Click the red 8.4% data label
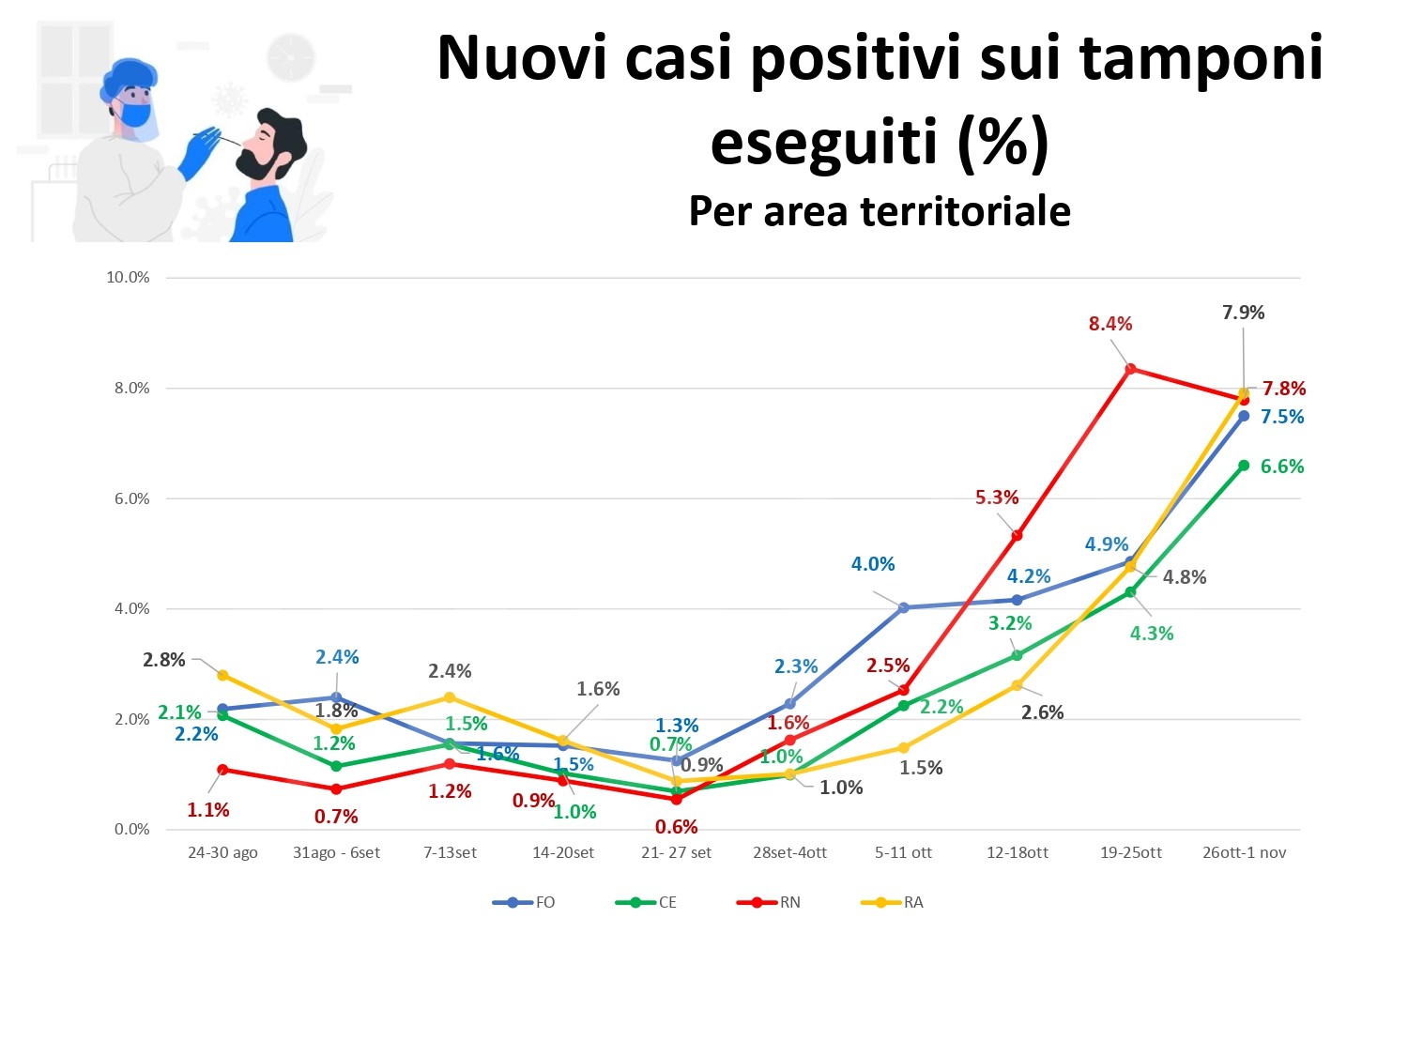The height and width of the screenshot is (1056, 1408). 1110,324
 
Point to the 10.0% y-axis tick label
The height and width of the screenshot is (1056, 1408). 128,277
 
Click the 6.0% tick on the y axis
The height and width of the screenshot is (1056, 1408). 131,498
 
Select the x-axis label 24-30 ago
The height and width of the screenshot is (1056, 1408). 222,852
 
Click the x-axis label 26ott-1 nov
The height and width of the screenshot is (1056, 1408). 1245,852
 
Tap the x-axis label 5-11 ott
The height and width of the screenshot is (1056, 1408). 903,852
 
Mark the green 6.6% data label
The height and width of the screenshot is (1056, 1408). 1282,467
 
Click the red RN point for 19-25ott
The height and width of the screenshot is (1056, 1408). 1131,369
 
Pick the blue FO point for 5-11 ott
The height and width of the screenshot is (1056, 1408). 904,607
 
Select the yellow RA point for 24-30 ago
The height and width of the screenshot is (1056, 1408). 222,675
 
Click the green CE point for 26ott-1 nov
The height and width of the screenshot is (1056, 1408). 1244,466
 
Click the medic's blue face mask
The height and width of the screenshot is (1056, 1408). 137,115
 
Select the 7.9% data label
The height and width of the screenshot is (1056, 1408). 1243,313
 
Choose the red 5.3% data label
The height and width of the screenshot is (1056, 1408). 996,497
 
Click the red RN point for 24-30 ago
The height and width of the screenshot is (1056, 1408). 222,770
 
